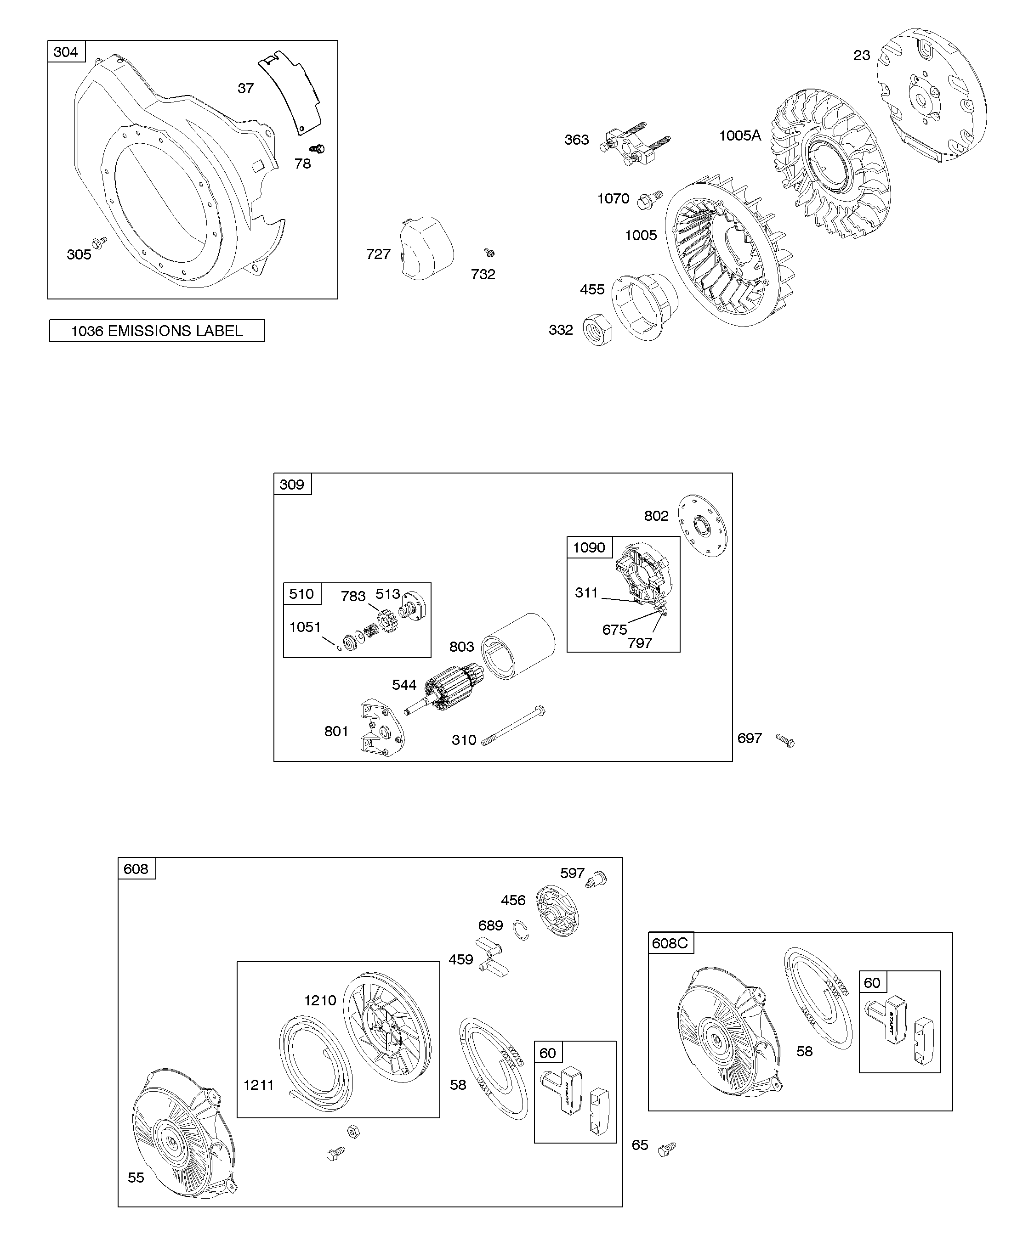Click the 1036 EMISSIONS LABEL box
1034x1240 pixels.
click(x=157, y=331)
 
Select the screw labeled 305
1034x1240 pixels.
click(x=99, y=242)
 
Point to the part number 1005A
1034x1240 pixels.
click(x=740, y=136)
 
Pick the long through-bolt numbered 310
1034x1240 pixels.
click(x=513, y=725)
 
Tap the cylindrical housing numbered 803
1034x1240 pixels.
click(x=518, y=647)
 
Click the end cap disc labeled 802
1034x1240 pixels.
click(x=703, y=525)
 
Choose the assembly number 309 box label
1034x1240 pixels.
click(x=292, y=484)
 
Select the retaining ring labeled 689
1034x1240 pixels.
click(x=521, y=930)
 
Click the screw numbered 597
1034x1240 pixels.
click(x=597, y=879)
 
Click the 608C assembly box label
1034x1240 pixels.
click(x=670, y=943)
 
